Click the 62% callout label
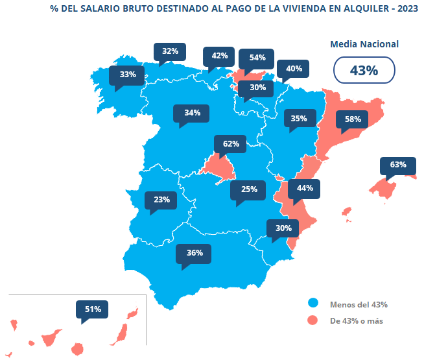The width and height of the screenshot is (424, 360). [231, 143]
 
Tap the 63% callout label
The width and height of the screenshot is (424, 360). [398, 165]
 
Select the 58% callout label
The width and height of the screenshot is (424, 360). [353, 119]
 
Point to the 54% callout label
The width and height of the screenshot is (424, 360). [257, 57]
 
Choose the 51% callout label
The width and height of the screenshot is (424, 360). [93, 309]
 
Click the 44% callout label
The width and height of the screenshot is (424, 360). [305, 188]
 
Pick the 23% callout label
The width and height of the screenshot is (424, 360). [162, 200]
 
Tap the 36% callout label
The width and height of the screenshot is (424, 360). [194, 253]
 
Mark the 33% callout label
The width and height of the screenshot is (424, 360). [128, 75]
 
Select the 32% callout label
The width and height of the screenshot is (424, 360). [171, 51]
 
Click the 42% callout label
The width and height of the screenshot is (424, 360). [220, 56]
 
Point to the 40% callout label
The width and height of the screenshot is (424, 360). [294, 69]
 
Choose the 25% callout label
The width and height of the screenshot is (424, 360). [249, 189]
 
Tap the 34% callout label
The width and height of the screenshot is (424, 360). [192, 113]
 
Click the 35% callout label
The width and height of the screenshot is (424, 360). [299, 119]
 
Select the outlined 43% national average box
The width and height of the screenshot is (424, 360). [364, 71]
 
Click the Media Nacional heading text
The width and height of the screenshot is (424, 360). [364, 44]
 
